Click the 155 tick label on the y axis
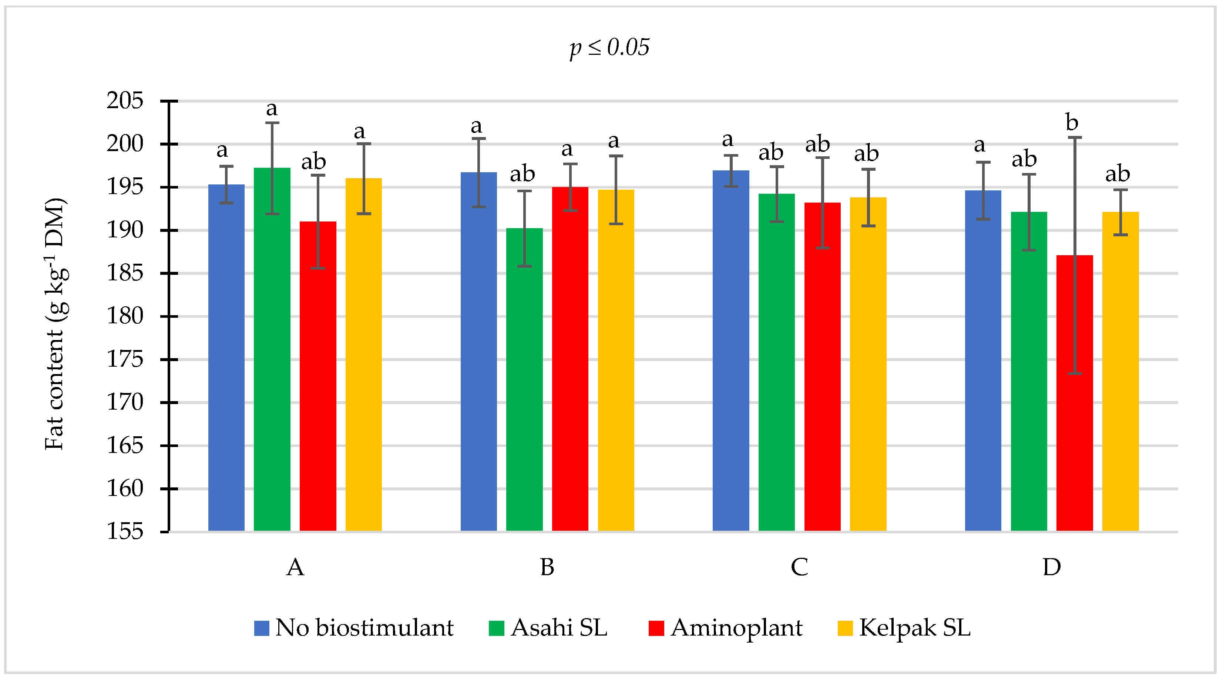point(125,531)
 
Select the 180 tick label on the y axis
point(125,316)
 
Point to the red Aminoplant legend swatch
point(656,628)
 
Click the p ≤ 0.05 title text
point(609,47)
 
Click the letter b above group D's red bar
point(1072,123)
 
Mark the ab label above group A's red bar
point(313,162)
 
